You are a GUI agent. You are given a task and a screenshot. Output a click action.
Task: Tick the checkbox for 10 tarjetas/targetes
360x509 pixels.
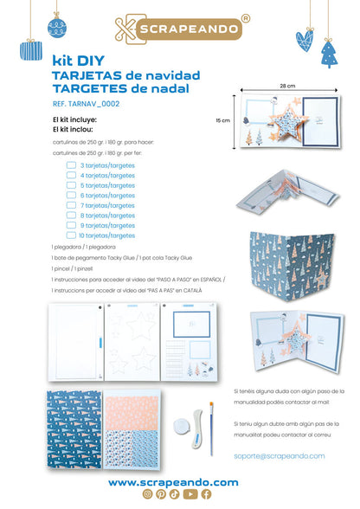pyautogui.click(x=72, y=235)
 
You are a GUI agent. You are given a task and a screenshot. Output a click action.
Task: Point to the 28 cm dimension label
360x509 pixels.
pyautogui.click(x=287, y=87)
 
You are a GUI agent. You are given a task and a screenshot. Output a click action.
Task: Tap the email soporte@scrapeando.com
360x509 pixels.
pyautogui.click(x=279, y=455)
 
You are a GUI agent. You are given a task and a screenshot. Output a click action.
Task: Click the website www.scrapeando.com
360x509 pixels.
pyautogui.click(x=173, y=482)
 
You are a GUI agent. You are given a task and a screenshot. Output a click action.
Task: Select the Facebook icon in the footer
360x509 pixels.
pyautogui.click(x=206, y=495)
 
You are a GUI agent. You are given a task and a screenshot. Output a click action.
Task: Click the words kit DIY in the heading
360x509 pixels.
pyautogui.click(x=74, y=62)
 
